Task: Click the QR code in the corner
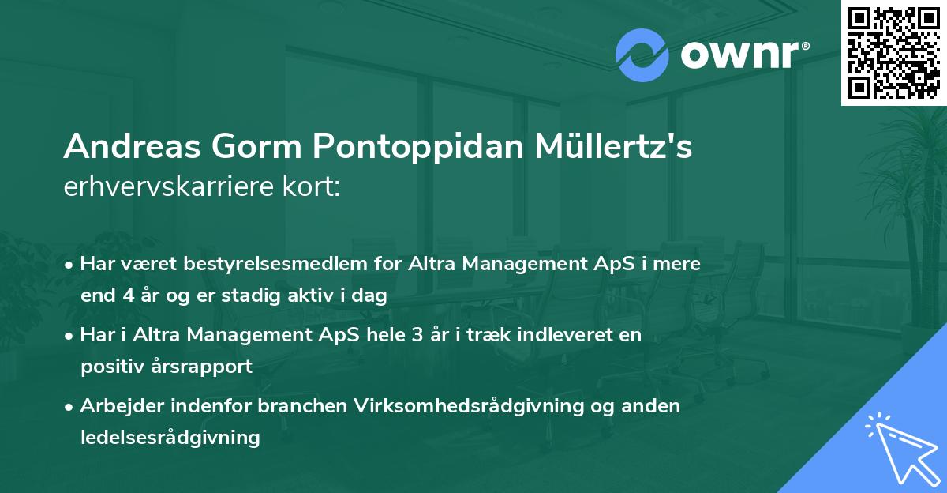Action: coord(893,53)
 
